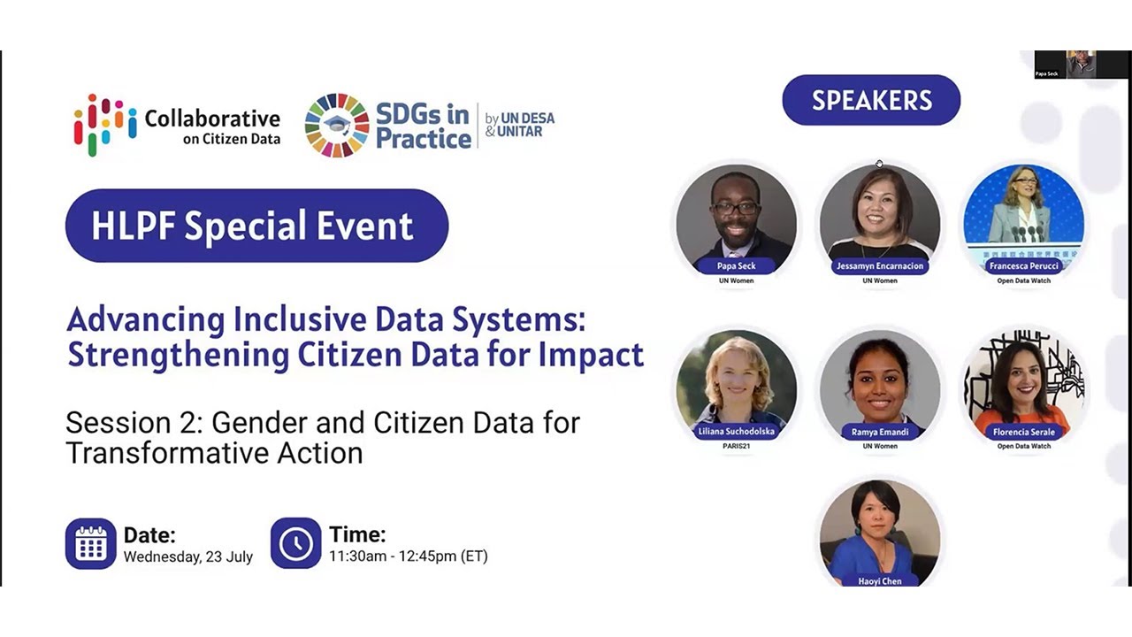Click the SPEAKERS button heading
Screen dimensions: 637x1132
[871, 100]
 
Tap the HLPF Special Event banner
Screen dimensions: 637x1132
[256, 226]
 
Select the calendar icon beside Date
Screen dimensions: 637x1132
[90, 543]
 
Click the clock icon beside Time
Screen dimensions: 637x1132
[295, 543]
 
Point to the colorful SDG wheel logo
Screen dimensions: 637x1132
[337, 126]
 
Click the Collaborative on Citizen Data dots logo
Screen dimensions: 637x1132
[105, 125]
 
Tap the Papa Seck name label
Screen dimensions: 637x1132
[735, 266]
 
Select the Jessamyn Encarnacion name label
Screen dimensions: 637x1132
[879, 266]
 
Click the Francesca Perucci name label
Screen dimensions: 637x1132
[1023, 266]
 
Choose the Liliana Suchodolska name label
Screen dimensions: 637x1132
[736, 432]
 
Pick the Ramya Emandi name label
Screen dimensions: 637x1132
[879, 432]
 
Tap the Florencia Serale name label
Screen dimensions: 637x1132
[1024, 432]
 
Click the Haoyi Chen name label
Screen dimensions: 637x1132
[879, 581]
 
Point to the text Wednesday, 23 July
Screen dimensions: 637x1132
[188, 557]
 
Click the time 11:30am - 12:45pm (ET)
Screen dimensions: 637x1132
[408, 556]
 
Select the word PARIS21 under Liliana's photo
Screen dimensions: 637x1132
[736, 446]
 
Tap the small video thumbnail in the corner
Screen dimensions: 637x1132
[1080, 65]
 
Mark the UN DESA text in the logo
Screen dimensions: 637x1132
[528, 118]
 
